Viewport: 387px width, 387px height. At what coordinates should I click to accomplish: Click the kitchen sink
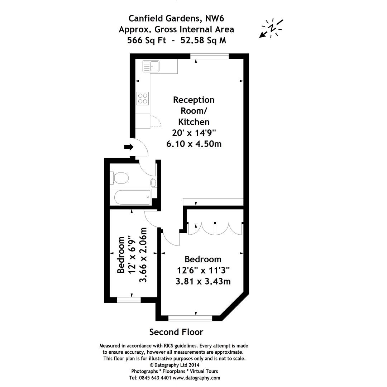tap(151, 66)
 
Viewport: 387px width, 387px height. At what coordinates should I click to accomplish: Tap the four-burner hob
tap(143, 98)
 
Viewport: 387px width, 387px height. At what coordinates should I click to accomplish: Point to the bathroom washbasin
tap(154, 182)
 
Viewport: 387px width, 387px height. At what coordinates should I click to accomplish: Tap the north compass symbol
tap(271, 28)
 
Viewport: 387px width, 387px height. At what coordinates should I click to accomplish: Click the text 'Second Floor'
tap(176, 332)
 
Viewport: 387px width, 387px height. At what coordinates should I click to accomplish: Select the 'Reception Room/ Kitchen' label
tap(194, 110)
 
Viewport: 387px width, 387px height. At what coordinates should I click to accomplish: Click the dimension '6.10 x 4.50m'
tap(194, 144)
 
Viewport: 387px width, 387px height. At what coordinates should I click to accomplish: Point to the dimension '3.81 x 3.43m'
tap(203, 281)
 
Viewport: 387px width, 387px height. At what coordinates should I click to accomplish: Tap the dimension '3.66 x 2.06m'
tap(143, 254)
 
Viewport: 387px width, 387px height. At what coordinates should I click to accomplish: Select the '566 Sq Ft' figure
tap(147, 40)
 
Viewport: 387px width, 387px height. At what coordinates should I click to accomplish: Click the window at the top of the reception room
tap(209, 56)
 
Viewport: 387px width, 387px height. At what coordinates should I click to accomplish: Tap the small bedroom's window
tap(129, 300)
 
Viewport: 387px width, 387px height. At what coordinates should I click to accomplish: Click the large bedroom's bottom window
tap(190, 318)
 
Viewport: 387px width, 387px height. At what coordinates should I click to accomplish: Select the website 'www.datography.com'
tap(196, 378)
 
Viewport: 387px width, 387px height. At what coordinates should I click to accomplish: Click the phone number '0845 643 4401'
tap(156, 378)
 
